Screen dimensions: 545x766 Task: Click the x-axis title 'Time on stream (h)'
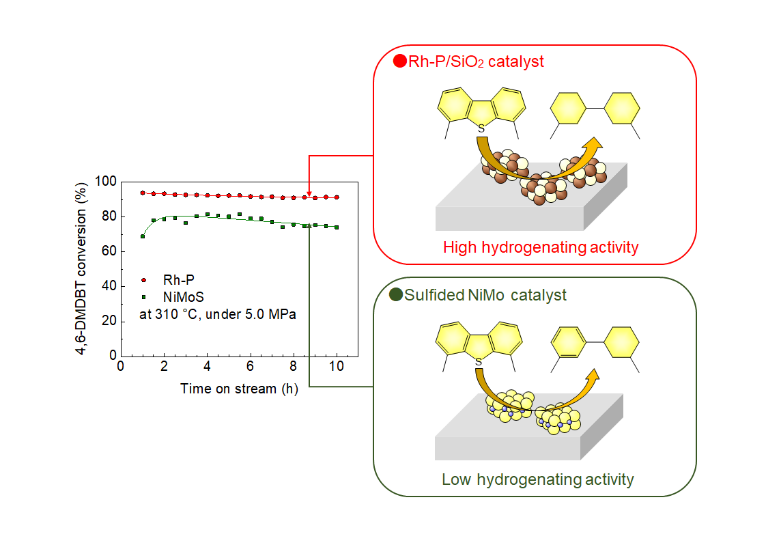[239, 389]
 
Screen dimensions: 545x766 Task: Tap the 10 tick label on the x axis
[337, 366]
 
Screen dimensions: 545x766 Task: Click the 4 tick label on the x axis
[207, 366]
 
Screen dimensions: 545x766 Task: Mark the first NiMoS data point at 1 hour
[143, 236]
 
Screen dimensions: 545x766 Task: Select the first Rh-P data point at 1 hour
[143, 193]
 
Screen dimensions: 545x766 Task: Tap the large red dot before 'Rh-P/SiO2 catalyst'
[401, 61]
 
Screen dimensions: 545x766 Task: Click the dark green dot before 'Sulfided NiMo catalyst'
[395, 295]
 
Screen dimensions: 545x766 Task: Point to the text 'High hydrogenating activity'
[541, 247]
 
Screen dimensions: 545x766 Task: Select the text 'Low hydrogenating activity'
[537, 479]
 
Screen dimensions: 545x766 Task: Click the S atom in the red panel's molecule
[481, 128]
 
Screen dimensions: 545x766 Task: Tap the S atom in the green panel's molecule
[480, 361]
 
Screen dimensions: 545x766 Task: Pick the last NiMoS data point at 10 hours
[337, 227]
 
